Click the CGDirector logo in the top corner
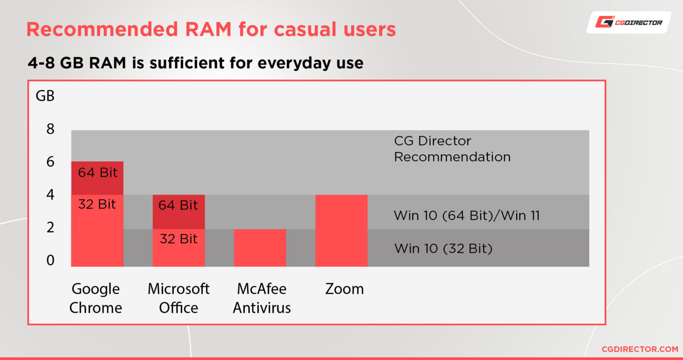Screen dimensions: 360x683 629,22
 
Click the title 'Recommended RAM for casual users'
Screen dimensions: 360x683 211,29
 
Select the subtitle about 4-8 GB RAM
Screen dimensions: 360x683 195,63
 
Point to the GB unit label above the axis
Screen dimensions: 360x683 45,96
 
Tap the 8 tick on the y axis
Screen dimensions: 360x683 50,129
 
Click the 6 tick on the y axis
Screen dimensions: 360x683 50,162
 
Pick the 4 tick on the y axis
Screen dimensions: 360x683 50,195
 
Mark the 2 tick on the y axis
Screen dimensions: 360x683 50,227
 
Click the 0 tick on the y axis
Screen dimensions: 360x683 50,260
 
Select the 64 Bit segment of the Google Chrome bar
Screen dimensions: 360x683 97,178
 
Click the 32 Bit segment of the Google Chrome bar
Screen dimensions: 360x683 97,231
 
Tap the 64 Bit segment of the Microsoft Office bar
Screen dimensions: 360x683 178,212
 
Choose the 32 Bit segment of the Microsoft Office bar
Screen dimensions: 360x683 178,248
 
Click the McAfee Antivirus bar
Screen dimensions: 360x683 260,248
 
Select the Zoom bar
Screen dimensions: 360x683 341,230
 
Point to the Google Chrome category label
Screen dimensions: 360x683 96,298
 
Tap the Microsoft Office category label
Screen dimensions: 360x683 178,298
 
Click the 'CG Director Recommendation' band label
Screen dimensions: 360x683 452,149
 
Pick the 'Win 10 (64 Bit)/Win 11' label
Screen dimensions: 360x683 466,216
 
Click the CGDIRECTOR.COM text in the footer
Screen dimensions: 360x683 639,349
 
